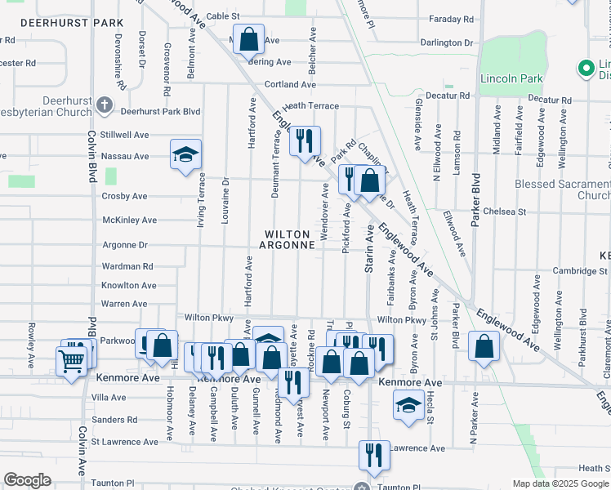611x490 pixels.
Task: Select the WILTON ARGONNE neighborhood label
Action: point(288,239)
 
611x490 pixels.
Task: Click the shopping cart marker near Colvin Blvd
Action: point(71,359)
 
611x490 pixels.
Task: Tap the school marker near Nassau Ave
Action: point(185,153)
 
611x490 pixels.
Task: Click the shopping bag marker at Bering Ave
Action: point(249,38)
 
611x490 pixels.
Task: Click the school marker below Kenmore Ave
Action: point(408,405)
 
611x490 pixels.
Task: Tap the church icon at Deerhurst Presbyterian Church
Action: point(104,105)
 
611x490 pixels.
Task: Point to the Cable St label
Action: point(222,16)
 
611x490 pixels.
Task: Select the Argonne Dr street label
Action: point(125,244)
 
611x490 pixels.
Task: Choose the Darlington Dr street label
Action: point(447,42)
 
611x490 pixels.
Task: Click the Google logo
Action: point(27,480)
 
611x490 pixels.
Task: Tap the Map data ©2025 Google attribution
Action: point(560,483)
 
